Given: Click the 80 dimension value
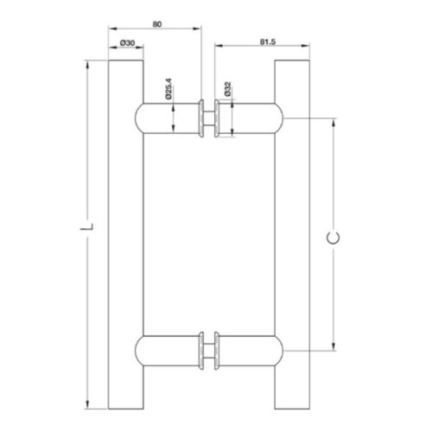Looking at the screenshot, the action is (157, 24).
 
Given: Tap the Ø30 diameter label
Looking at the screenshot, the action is (127, 43).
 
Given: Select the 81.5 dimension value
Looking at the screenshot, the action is (268, 41).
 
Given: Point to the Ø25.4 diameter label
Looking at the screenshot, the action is (168, 89).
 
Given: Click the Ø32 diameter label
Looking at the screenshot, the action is (227, 89).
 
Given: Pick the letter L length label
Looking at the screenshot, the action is (86, 226).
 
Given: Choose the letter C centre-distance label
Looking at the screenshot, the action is (334, 238).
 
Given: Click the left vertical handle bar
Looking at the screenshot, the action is (126, 234).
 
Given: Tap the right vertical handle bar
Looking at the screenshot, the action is (292, 234).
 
